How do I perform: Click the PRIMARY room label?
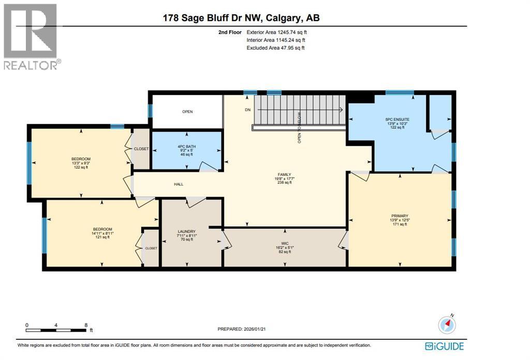[400, 216]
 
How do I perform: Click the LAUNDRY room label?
[186, 231]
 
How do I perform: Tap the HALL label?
[178, 184]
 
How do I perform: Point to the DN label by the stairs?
[247, 110]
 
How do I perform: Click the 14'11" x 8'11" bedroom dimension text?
[101, 233]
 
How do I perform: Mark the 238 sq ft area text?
[283, 183]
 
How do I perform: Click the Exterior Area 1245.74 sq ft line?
[280, 32]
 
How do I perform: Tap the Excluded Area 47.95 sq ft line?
[276, 48]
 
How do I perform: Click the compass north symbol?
[447, 324]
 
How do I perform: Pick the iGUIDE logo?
[444, 346]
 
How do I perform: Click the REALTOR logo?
[31, 36]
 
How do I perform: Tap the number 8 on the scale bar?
[85, 325]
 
